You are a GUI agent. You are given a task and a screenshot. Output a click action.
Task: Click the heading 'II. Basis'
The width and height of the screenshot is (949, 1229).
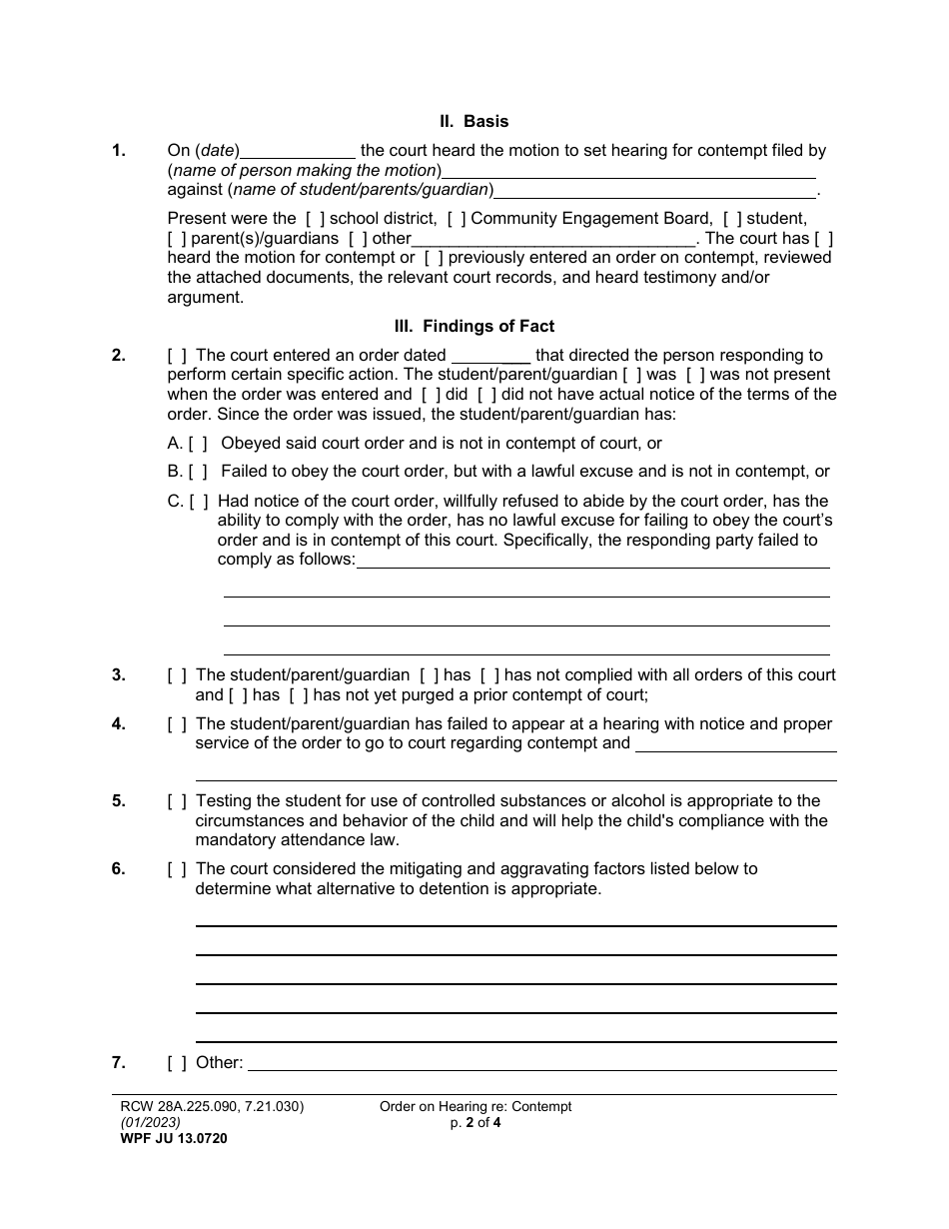[474, 122]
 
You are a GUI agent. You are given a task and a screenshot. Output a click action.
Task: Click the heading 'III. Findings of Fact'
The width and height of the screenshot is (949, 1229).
[474, 326]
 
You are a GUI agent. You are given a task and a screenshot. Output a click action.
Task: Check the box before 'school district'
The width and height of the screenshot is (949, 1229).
[314, 219]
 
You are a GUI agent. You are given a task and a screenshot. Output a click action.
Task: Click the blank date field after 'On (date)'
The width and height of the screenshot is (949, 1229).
[298, 152]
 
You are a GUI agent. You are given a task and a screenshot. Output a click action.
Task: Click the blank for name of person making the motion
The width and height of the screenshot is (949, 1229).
[628, 171]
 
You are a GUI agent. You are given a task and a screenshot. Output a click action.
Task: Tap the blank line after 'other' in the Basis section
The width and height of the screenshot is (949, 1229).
[553, 239]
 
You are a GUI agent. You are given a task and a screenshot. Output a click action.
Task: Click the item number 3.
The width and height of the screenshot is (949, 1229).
[118, 675]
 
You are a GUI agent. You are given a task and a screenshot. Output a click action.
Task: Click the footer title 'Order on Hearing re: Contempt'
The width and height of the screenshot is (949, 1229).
[475, 1107]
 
